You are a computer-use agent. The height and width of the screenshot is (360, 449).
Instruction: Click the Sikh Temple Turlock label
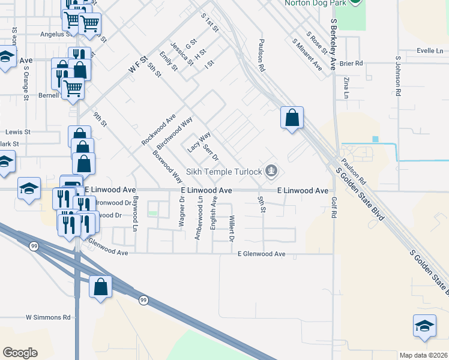pos(223,172)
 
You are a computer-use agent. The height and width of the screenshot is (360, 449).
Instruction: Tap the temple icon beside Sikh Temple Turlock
pos(272,172)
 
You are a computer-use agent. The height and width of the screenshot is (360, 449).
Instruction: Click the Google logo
pos(20,353)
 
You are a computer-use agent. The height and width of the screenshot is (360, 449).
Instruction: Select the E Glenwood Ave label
pos(261,254)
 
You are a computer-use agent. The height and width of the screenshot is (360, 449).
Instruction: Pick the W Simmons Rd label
pos(48,317)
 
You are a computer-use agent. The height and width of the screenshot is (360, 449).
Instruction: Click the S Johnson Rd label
pos(397,77)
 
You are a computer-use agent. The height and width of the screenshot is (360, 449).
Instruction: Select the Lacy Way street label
pos(199,142)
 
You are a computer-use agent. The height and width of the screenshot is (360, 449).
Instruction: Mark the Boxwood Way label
pos(167,165)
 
